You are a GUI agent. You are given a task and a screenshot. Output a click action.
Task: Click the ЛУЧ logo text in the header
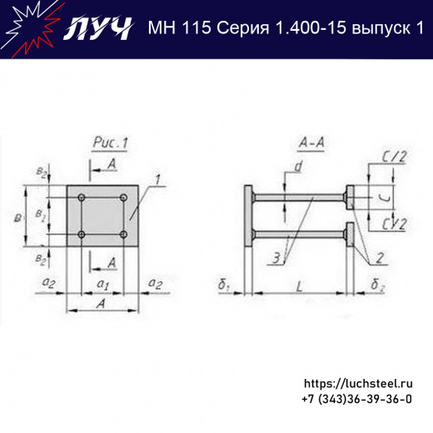(x=98, y=28)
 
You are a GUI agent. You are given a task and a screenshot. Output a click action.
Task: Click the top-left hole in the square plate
(x=82, y=197)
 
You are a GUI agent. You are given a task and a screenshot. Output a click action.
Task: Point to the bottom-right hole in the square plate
(x=123, y=235)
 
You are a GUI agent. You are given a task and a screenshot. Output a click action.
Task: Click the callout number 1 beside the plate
(x=156, y=178)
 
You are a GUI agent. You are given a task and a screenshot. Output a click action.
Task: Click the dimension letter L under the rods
(x=300, y=286)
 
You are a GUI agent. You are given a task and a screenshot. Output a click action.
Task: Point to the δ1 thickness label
(x=225, y=287)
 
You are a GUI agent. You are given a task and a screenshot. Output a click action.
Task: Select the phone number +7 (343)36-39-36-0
(x=356, y=400)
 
